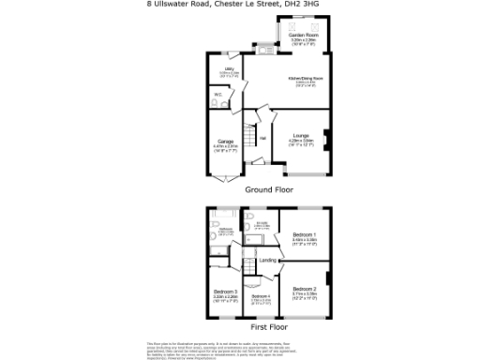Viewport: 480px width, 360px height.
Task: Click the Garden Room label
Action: (x=304, y=35)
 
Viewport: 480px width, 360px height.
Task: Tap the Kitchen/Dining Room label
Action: (x=306, y=80)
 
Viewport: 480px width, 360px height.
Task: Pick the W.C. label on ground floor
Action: (x=217, y=95)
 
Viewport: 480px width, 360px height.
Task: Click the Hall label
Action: (x=263, y=139)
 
